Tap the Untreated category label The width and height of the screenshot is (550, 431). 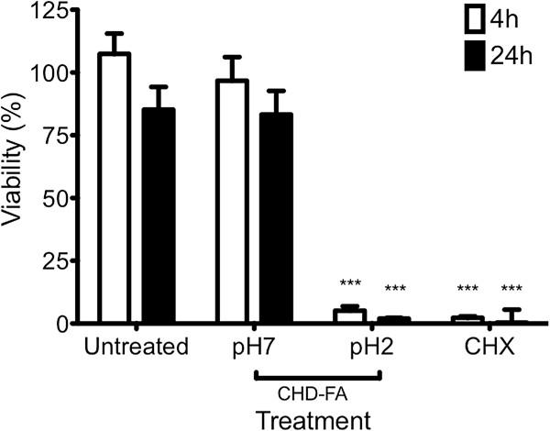click(134, 348)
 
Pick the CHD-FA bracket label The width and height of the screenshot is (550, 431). click(316, 392)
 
